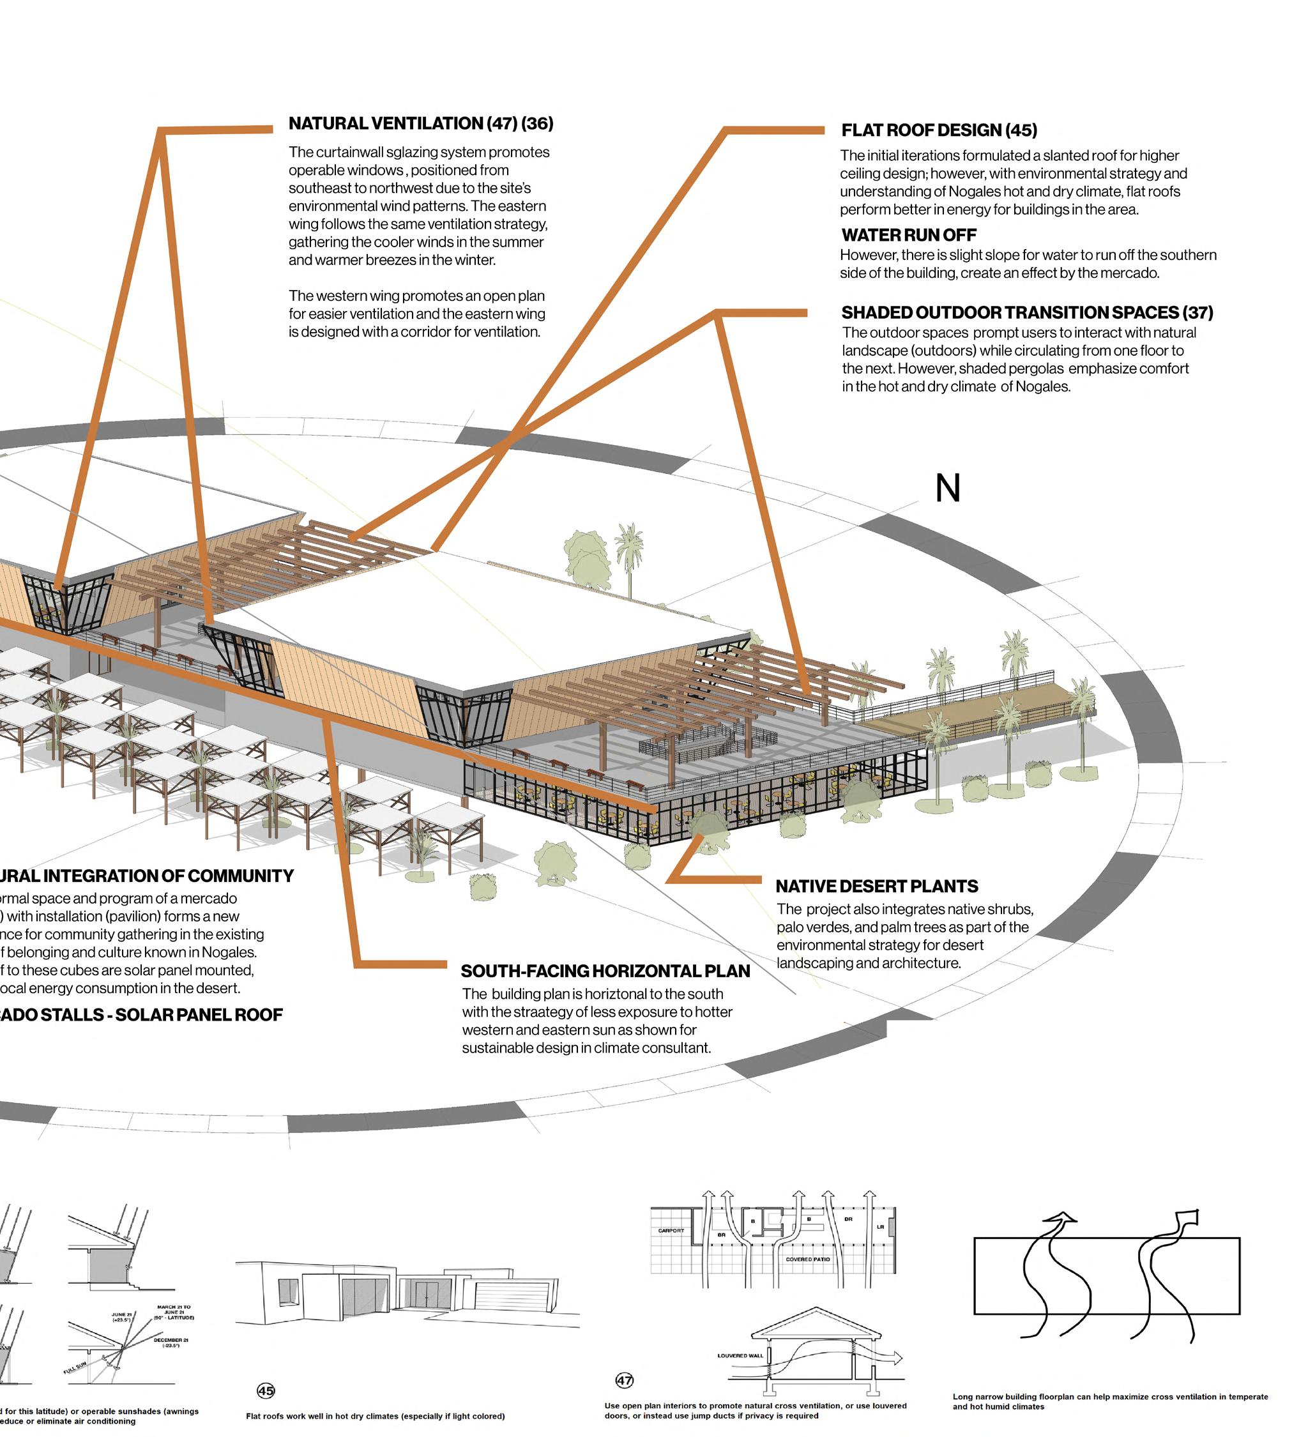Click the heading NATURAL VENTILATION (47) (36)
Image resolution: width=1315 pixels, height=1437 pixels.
[420, 123]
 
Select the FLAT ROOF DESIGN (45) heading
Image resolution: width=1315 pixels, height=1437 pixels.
[939, 130]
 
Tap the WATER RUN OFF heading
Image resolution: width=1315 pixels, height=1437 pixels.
[909, 235]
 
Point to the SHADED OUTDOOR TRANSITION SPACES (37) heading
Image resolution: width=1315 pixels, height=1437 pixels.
[1027, 312]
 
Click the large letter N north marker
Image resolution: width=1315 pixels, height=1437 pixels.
[947, 489]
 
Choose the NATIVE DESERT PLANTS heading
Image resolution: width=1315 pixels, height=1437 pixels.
[877, 886]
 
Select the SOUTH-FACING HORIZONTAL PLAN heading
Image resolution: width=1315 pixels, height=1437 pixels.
[605, 971]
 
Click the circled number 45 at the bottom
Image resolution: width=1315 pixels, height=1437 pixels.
[266, 1390]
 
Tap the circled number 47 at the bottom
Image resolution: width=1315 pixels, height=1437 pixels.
[625, 1380]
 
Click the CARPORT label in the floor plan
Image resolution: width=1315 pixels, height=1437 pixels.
[671, 1231]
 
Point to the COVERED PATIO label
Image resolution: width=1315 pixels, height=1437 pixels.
[807, 1259]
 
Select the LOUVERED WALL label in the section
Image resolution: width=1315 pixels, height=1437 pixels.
[740, 1355]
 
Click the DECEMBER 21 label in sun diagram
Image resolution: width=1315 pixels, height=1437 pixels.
[171, 1340]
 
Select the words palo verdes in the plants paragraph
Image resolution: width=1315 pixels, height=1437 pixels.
[813, 927]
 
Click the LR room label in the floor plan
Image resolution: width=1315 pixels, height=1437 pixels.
[880, 1227]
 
